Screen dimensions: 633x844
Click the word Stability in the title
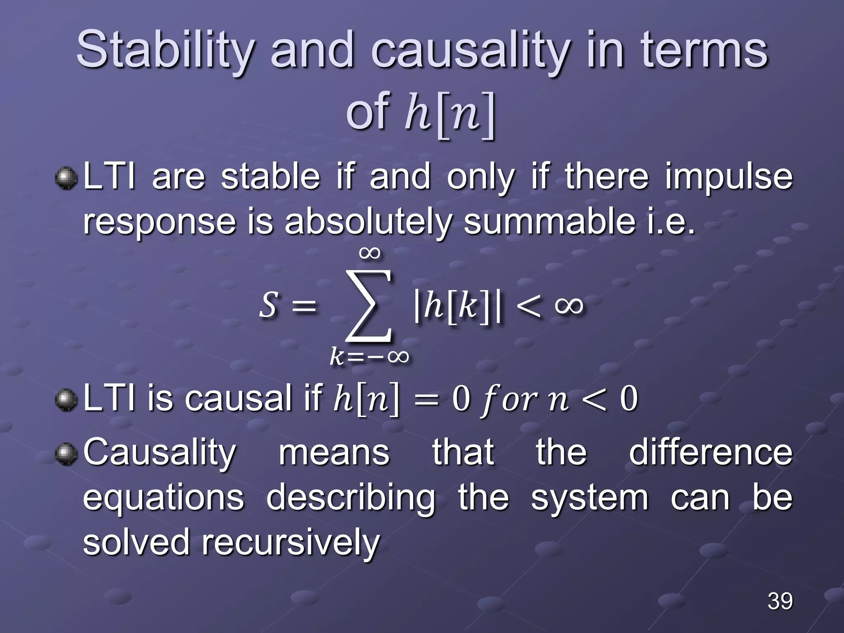pos(165,50)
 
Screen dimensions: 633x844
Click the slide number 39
pos(780,601)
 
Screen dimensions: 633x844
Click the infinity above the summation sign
pos(369,252)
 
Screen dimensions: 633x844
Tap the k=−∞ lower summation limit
pos(369,355)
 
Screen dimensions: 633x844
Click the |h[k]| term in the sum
pos(457,306)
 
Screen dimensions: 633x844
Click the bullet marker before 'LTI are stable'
pos(66,178)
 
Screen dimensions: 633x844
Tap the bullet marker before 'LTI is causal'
pos(66,399)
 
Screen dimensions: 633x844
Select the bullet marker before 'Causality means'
pos(66,453)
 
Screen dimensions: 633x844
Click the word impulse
pos(728,177)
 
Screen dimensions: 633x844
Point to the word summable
pos(549,221)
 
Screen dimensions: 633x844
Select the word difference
pos(710,452)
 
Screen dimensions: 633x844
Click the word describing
pos(351,498)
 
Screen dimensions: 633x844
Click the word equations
pos(164,498)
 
